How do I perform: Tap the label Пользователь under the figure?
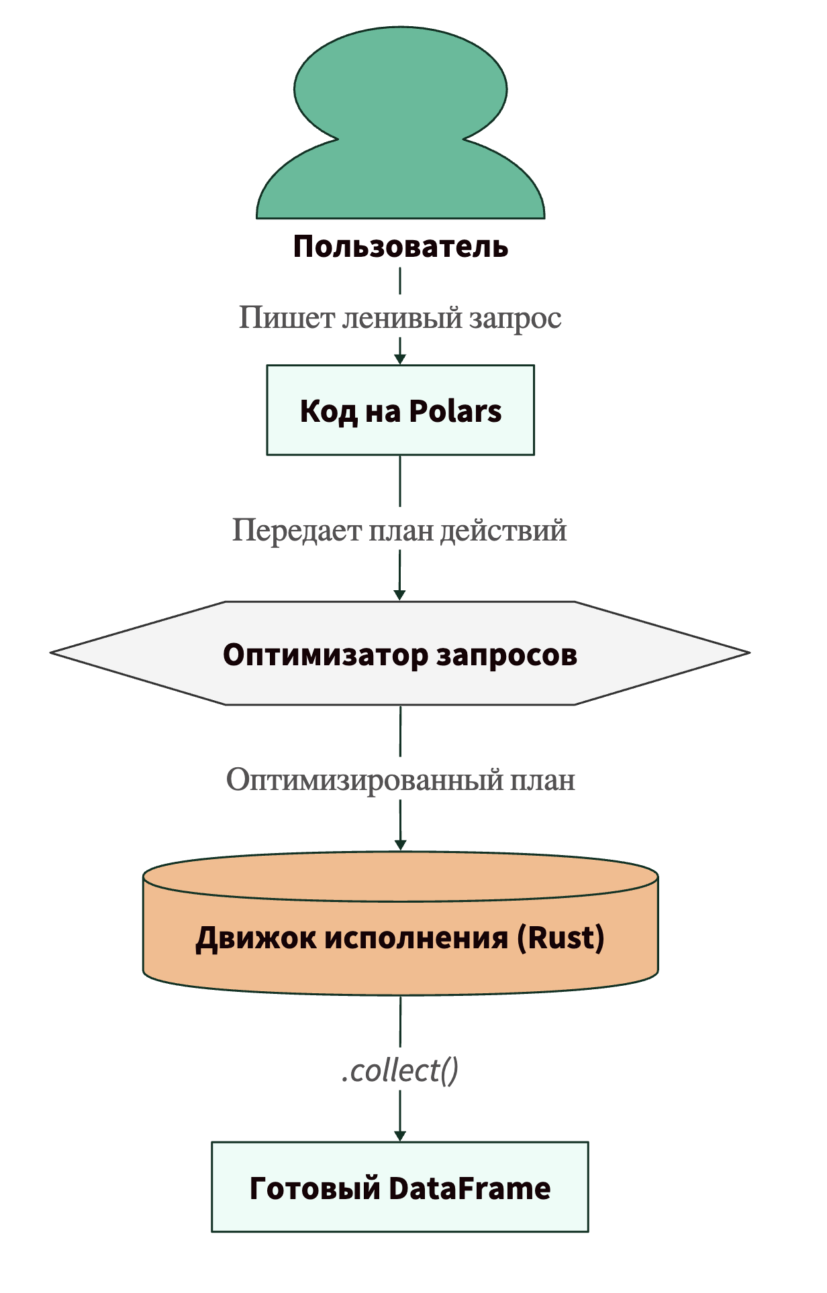[400, 247]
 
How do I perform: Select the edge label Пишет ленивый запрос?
[400, 318]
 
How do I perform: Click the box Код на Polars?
[400, 410]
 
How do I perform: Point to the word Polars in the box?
[455, 411]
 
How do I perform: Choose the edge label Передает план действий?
[399, 530]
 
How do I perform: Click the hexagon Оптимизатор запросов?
[400, 653]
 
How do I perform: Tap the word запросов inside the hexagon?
[507, 655]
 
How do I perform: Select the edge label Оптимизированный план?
[400, 780]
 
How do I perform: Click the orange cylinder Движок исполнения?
[400, 925]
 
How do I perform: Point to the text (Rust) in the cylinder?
[561, 938]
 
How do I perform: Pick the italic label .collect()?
[400, 1070]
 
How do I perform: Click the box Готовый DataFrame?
[400, 1188]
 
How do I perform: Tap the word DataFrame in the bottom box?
[469, 1188]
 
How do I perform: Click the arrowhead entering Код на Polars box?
[400, 359]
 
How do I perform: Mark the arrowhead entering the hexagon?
[399, 595]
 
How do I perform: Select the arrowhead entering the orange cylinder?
[400, 845]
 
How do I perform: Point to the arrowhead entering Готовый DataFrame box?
[400, 1135]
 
